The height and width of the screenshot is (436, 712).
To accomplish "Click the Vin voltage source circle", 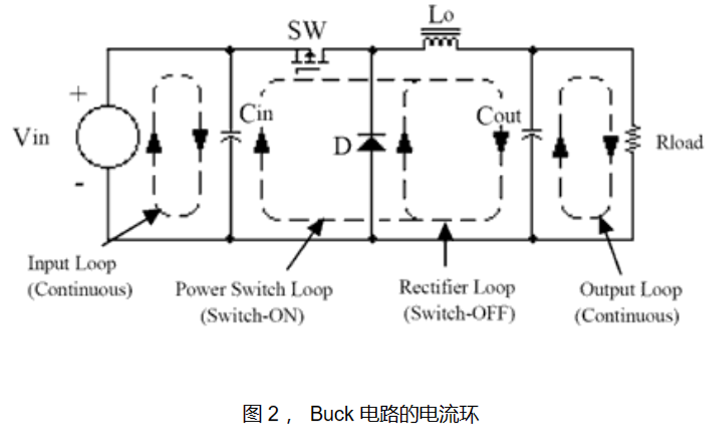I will click(x=108, y=136).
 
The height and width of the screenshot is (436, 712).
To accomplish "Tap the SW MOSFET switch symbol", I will click(x=309, y=59).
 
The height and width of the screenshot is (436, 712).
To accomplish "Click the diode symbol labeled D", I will click(x=370, y=143).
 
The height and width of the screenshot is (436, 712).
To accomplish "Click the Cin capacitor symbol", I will click(x=230, y=136).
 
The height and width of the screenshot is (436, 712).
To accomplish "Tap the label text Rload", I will click(x=679, y=142).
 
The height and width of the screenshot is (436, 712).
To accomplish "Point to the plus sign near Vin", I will click(x=78, y=95).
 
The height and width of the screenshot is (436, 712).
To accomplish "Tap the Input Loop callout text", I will click(x=71, y=263).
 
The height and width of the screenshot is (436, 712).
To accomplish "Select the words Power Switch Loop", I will click(x=254, y=289).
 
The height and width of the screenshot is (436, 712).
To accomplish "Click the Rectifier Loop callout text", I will click(x=456, y=287).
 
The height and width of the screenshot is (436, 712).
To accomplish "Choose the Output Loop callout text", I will click(x=630, y=290).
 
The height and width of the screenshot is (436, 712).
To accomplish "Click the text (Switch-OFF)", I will click(x=458, y=314).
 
